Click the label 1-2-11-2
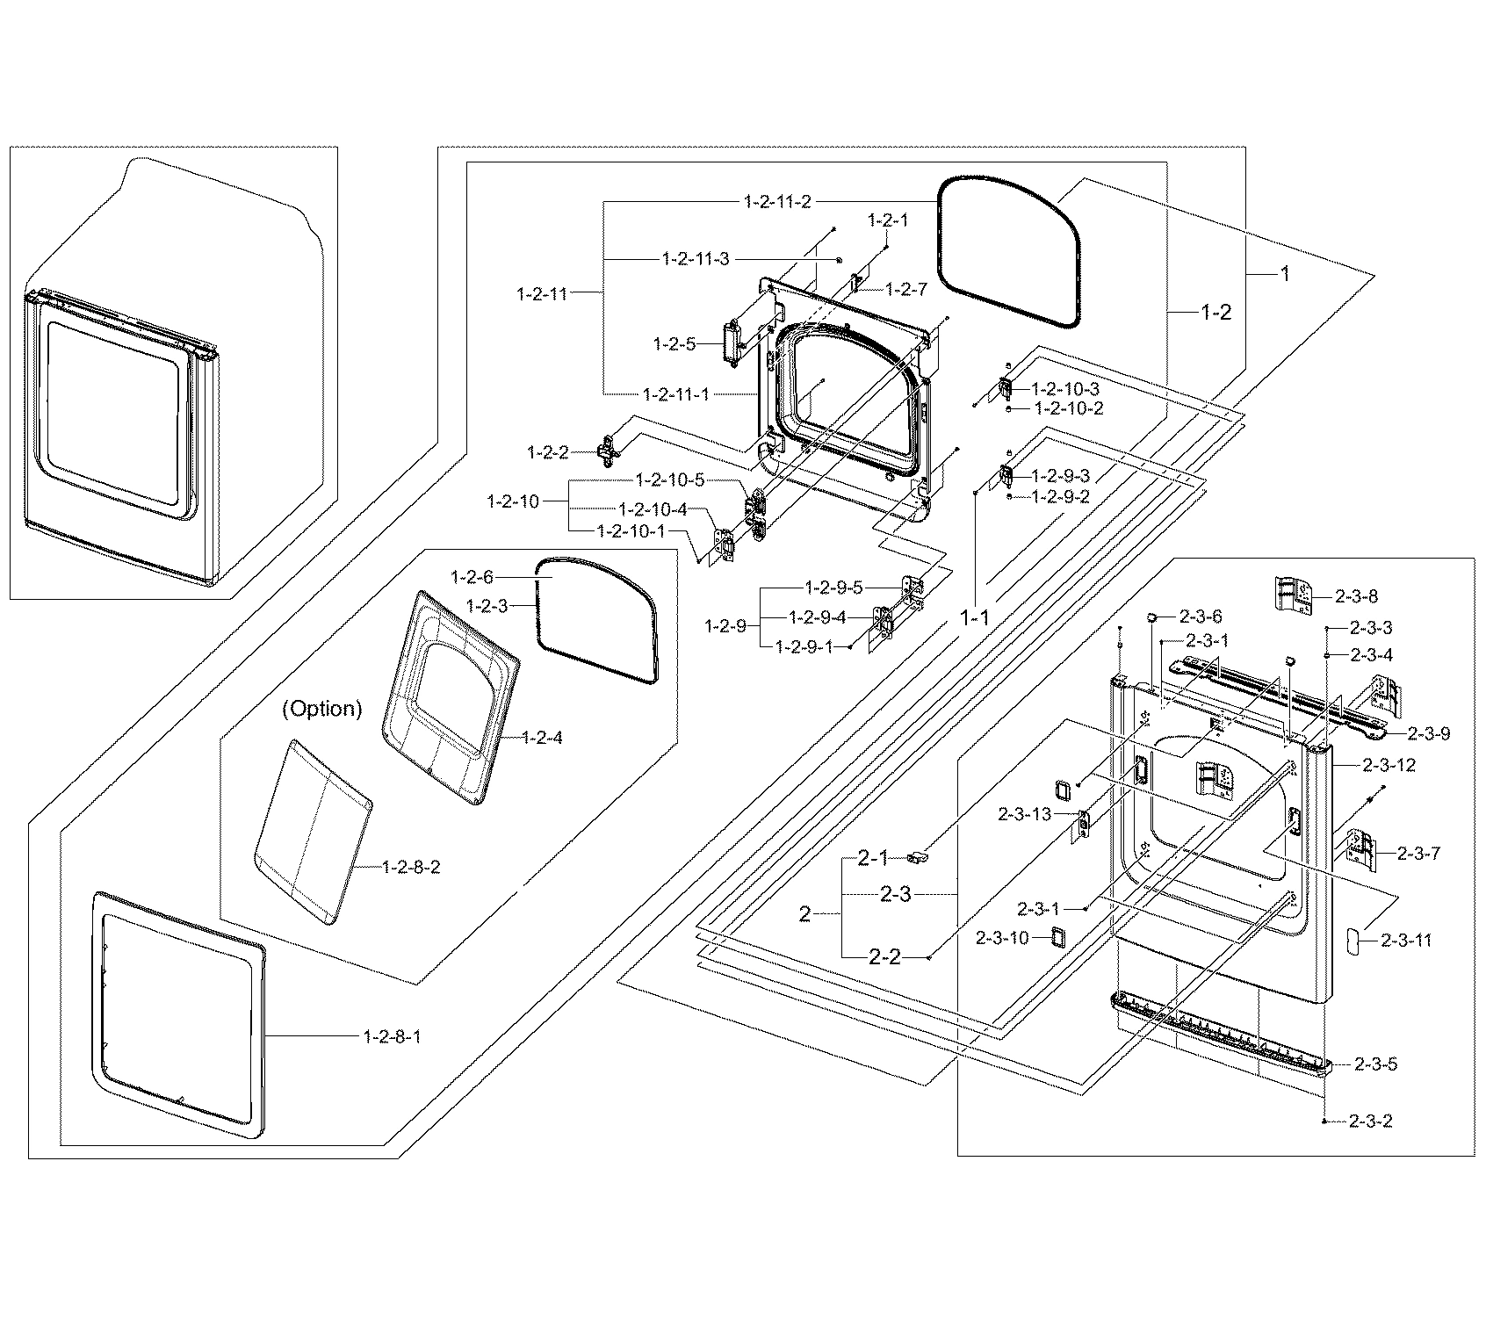[776, 202]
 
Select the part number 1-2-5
[674, 344]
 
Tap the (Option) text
[322, 709]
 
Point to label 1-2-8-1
[392, 1036]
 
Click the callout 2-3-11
[1406, 941]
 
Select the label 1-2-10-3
[1065, 388]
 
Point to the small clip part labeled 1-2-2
[607, 452]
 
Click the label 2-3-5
[1374, 1064]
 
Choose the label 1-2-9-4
[817, 617]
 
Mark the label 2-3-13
[1024, 814]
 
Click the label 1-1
[974, 617]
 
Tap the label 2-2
[884, 956]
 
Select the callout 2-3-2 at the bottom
[1369, 1121]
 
